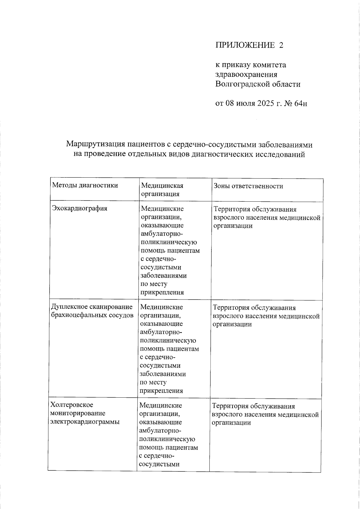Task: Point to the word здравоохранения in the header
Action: (246, 74)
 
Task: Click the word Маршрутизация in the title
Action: (95, 145)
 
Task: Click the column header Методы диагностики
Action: (85, 185)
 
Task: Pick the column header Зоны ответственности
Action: (248, 186)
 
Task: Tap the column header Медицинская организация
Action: (162, 190)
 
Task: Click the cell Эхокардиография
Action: (79, 208)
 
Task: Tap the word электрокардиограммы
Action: (85, 422)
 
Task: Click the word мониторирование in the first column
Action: (78, 413)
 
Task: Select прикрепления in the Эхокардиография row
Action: (162, 292)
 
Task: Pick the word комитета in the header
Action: (270, 65)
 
